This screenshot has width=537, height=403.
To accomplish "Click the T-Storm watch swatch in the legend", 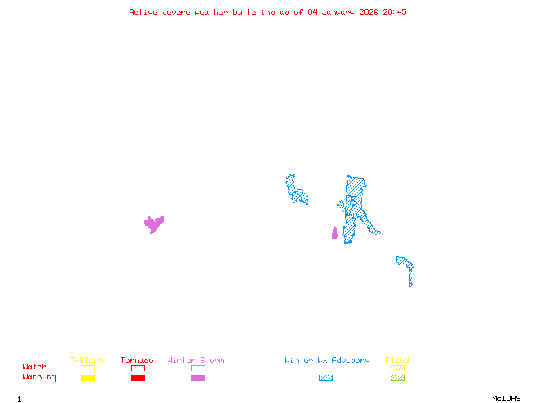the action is [x=87, y=368].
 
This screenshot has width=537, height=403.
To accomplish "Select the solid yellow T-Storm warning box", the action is [x=87, y=377].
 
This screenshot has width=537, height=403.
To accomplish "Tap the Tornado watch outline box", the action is [x=138, y=368].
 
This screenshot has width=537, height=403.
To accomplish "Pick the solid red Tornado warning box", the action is [x=138, y=377].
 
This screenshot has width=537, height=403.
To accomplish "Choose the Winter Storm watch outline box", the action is [x=198, y=368].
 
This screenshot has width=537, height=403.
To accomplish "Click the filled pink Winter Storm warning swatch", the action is [x=198, y=377].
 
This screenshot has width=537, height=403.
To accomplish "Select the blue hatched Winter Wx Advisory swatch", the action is [x=326, y=377].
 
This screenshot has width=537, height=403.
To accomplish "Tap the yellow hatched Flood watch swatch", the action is [x=397, y=368].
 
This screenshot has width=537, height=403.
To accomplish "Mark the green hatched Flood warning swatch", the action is [x=397, y=377].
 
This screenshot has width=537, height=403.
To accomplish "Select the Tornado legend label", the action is [x=137, y=360].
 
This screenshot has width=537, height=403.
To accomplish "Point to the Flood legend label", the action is [x=397, y=360].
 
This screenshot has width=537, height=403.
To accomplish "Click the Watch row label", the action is [x=35, y=367].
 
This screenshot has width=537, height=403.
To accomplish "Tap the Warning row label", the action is [x=40, y=377].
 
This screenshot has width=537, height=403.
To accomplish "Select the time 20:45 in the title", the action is [x=395, y=12].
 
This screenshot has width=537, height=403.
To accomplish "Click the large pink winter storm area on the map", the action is [x=154, y=224].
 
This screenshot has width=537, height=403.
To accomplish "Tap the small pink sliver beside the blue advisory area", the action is [x=334, y=233].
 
